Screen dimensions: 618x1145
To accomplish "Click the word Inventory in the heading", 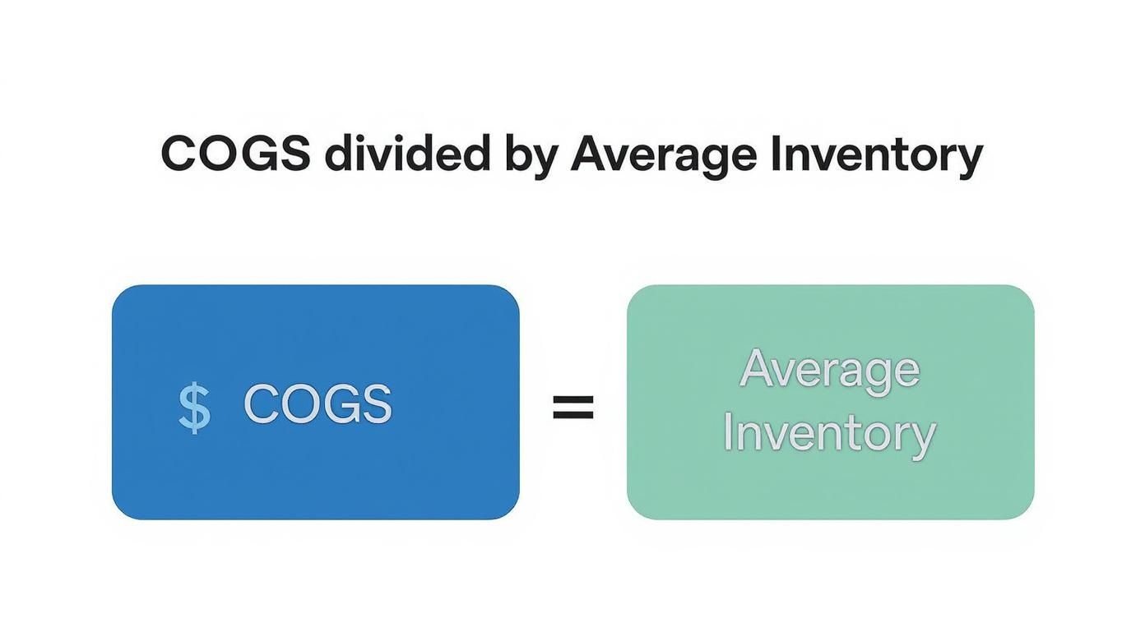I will point(876,154).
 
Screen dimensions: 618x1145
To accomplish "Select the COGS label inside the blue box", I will point(318,404).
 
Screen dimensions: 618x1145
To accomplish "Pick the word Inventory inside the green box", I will point(829,433).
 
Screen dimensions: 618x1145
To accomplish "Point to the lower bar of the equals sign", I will point(572,416).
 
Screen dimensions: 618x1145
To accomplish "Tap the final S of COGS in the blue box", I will point(377,404).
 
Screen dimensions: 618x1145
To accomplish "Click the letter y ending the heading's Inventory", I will point(971,158).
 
